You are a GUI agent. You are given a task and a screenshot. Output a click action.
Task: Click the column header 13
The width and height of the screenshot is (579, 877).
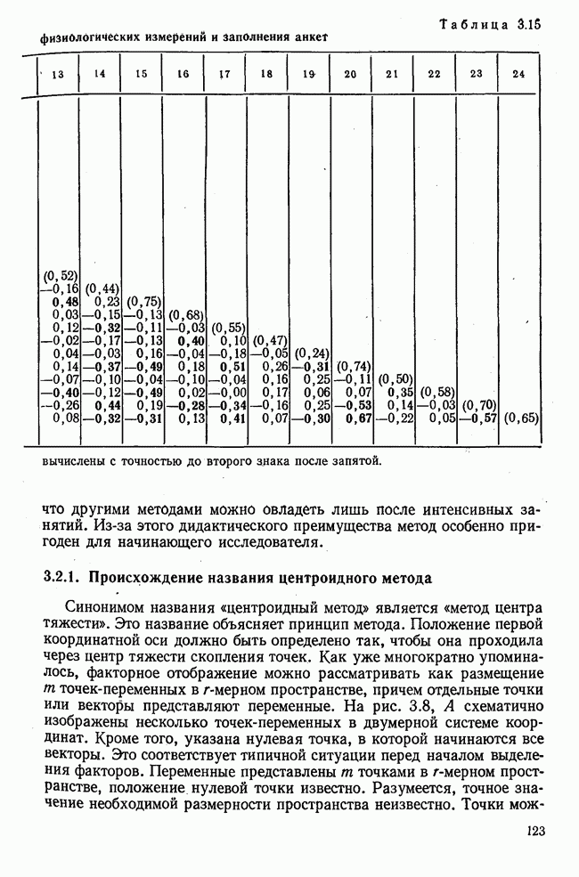59,75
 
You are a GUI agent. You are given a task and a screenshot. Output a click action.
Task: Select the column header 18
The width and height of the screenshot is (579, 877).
266,75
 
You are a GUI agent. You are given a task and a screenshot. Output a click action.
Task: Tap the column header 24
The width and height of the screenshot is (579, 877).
519,74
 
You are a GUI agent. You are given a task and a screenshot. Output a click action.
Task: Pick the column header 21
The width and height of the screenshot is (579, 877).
393,74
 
